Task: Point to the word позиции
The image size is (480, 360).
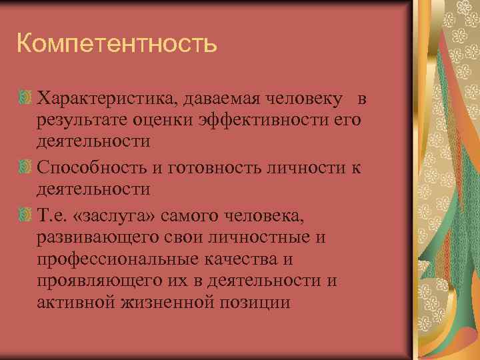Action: [257, 303]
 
